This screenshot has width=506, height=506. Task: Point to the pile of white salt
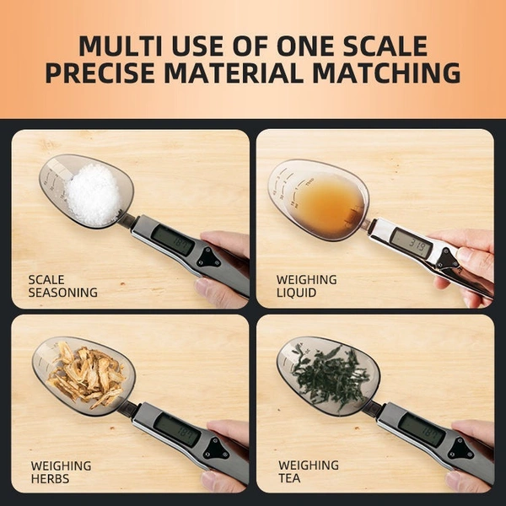click(93, 194)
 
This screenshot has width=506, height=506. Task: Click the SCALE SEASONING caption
click(62, 286)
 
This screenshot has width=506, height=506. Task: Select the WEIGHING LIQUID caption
click(307, 286)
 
